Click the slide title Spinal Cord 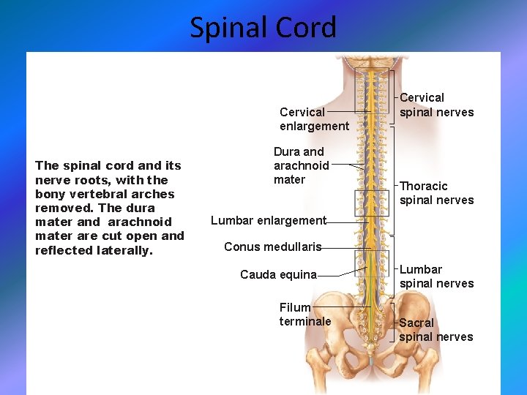263,28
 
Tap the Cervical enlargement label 314,119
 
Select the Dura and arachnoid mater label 301,165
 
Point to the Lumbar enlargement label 268,220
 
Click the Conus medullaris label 272,247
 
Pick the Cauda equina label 278,275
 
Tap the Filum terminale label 304,315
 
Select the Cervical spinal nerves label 436,105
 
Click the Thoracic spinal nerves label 436,193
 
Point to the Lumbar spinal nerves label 436,276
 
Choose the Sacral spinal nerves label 436,330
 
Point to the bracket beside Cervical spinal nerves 394,97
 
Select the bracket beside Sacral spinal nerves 394,322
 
